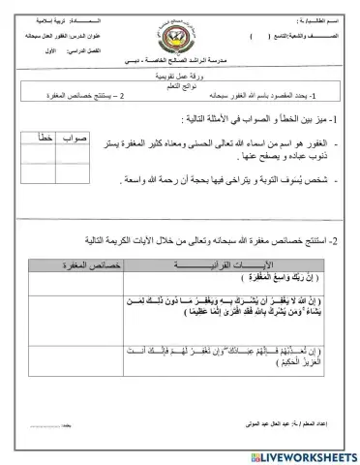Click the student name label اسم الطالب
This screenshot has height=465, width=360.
coord(311,8)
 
